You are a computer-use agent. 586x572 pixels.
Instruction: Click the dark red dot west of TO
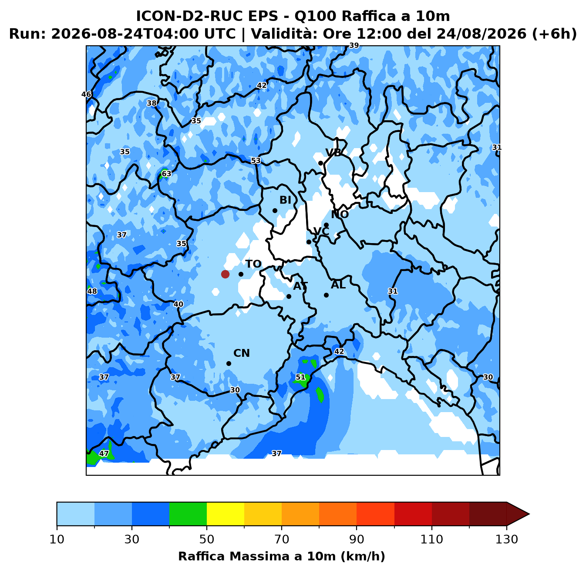pos(225,274)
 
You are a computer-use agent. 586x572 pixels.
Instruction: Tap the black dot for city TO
pos(241,274)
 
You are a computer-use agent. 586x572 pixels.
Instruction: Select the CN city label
pos(242,353)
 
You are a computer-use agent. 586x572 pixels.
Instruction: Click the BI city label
pos(285,200)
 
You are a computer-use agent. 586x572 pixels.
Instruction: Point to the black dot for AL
pos(326,295)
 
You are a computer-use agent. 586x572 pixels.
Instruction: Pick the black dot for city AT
pos(289,297)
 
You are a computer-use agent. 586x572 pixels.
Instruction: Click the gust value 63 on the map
pos(166,174)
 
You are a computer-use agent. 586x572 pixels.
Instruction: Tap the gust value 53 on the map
pos(256,161)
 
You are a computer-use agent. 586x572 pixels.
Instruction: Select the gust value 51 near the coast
pos(300,377)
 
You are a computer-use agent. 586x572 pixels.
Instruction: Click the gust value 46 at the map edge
pos(86,95)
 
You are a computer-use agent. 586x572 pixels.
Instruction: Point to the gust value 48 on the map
pos(92,291)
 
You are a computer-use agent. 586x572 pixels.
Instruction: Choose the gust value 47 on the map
pos(104,454)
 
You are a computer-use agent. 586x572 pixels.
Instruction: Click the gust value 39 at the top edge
pos(354,45)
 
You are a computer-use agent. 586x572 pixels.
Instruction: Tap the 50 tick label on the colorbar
pos(207,539)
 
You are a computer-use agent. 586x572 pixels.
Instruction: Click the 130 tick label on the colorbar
pos(506,539)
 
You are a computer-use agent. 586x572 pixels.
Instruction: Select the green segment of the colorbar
pos(188,514)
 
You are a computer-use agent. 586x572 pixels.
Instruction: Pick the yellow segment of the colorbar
pos(226,514)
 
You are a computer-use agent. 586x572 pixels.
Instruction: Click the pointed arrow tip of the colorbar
pos(529,514)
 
